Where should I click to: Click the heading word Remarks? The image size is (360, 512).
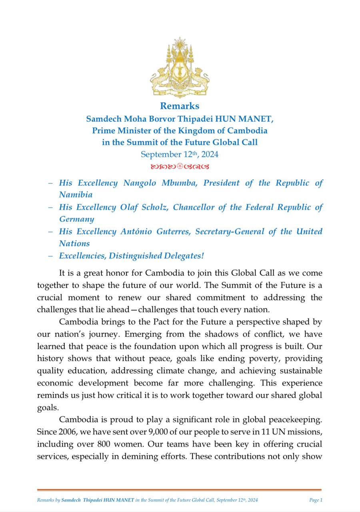(180, 106)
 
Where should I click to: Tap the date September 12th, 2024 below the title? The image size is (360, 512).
(180, 154)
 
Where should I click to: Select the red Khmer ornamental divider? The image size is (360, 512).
(180, 166)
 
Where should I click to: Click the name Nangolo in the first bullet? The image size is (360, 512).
(140, 183)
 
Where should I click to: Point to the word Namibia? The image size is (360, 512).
(76, 195)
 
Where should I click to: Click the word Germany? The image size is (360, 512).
(77, 219)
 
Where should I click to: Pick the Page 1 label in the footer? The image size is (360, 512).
(316, 500)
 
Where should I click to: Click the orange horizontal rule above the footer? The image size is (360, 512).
(179, 490)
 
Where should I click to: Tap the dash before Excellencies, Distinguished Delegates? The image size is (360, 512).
(50, 256)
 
